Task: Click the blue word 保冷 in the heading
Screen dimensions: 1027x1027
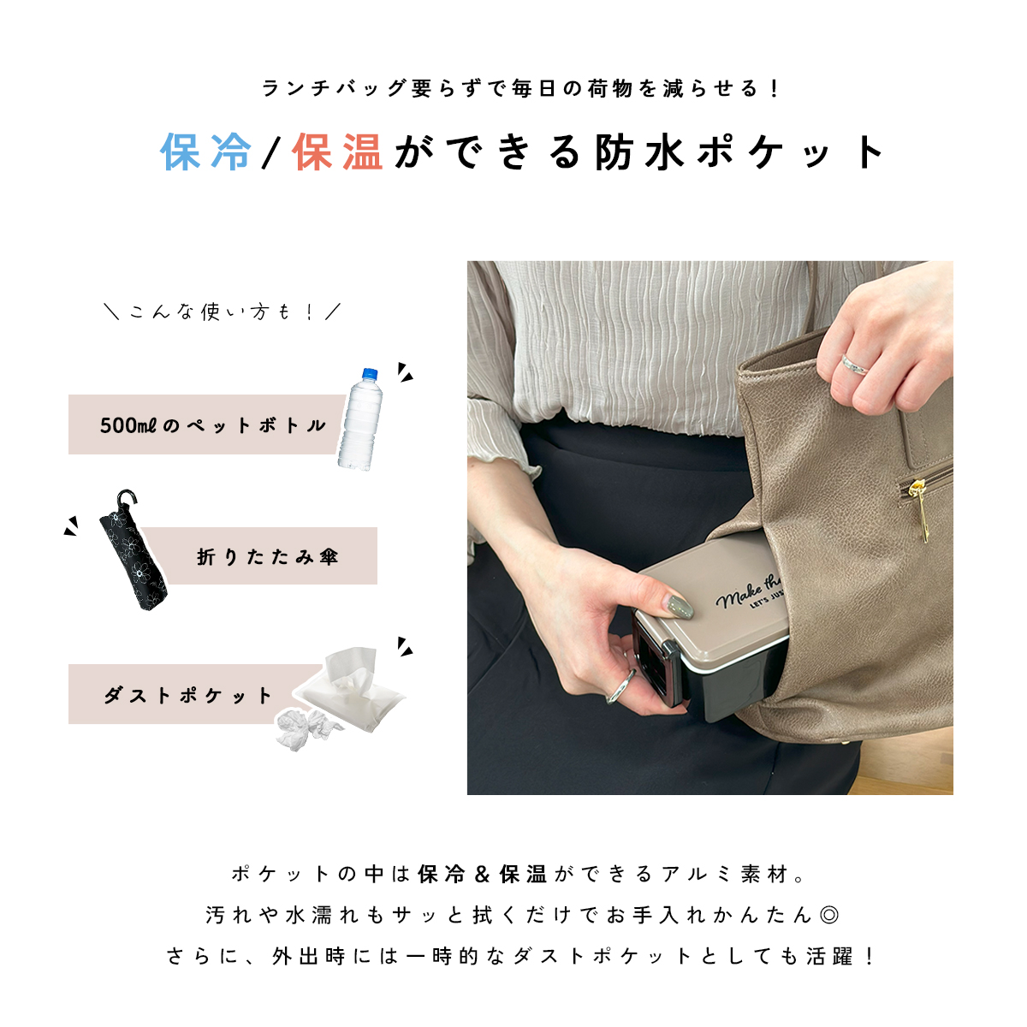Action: pos(206,153)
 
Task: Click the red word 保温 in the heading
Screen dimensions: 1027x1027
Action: pos(337,153)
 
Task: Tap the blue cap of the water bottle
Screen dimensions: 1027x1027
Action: pos(370,374)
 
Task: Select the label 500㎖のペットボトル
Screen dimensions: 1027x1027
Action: pos(213,425)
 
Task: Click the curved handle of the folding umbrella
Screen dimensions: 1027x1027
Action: pos(128,499)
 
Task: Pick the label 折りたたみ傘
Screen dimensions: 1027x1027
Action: pos(268,557)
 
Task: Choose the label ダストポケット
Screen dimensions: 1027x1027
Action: pos(188,695)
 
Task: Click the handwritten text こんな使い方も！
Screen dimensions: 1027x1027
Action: pos(222,312)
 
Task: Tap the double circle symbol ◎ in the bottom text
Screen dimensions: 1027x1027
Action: pos(828,915)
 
